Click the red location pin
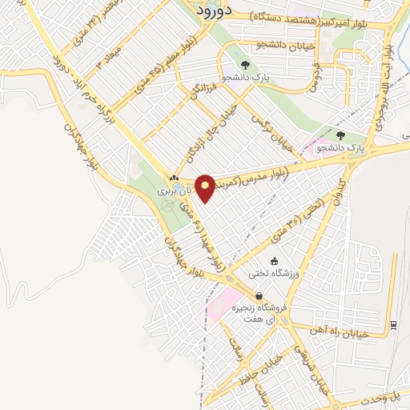click(x=206, y=187)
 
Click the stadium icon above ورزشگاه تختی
click(x=275, y=261)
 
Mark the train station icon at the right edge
click(x=393, y=324)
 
